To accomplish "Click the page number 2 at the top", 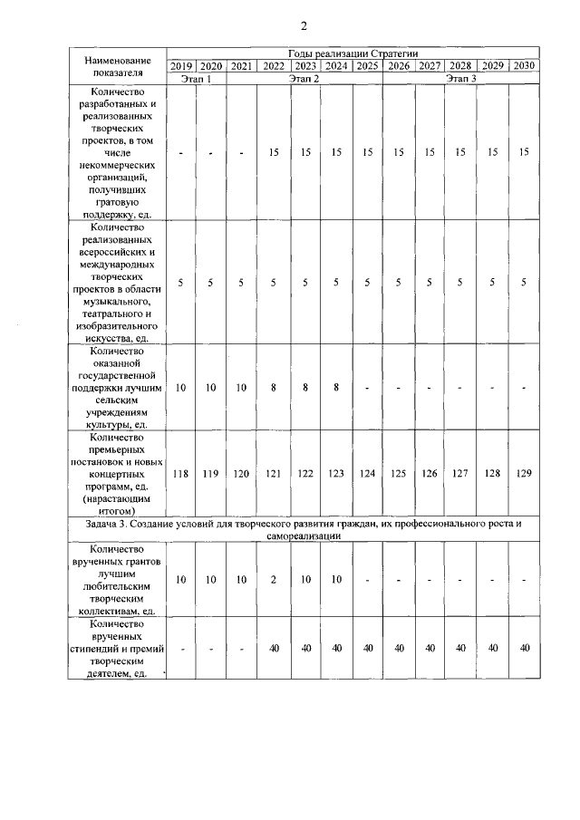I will coord(304,24).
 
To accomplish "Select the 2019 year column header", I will coord(181,66).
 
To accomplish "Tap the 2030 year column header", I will coord(523,66).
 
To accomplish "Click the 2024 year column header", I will coord(336,66).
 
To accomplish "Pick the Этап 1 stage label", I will coord(197,79).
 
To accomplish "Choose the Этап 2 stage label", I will coord(304,79).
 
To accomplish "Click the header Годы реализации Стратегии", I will coord(353,54).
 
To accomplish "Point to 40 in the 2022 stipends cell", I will coord(273,648).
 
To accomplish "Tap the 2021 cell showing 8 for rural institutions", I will coord(273,387).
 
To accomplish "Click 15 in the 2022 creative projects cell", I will coord(273,153).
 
